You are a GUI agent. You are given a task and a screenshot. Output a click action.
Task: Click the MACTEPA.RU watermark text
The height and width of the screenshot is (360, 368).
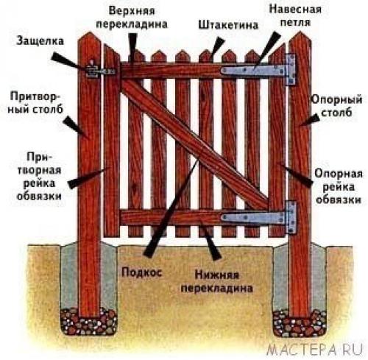pos(321,345)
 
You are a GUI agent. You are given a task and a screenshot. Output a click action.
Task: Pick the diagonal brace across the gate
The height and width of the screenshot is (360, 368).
pos(195,144)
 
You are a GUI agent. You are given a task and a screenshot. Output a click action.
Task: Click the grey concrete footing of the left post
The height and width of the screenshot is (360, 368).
pos(72,280)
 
